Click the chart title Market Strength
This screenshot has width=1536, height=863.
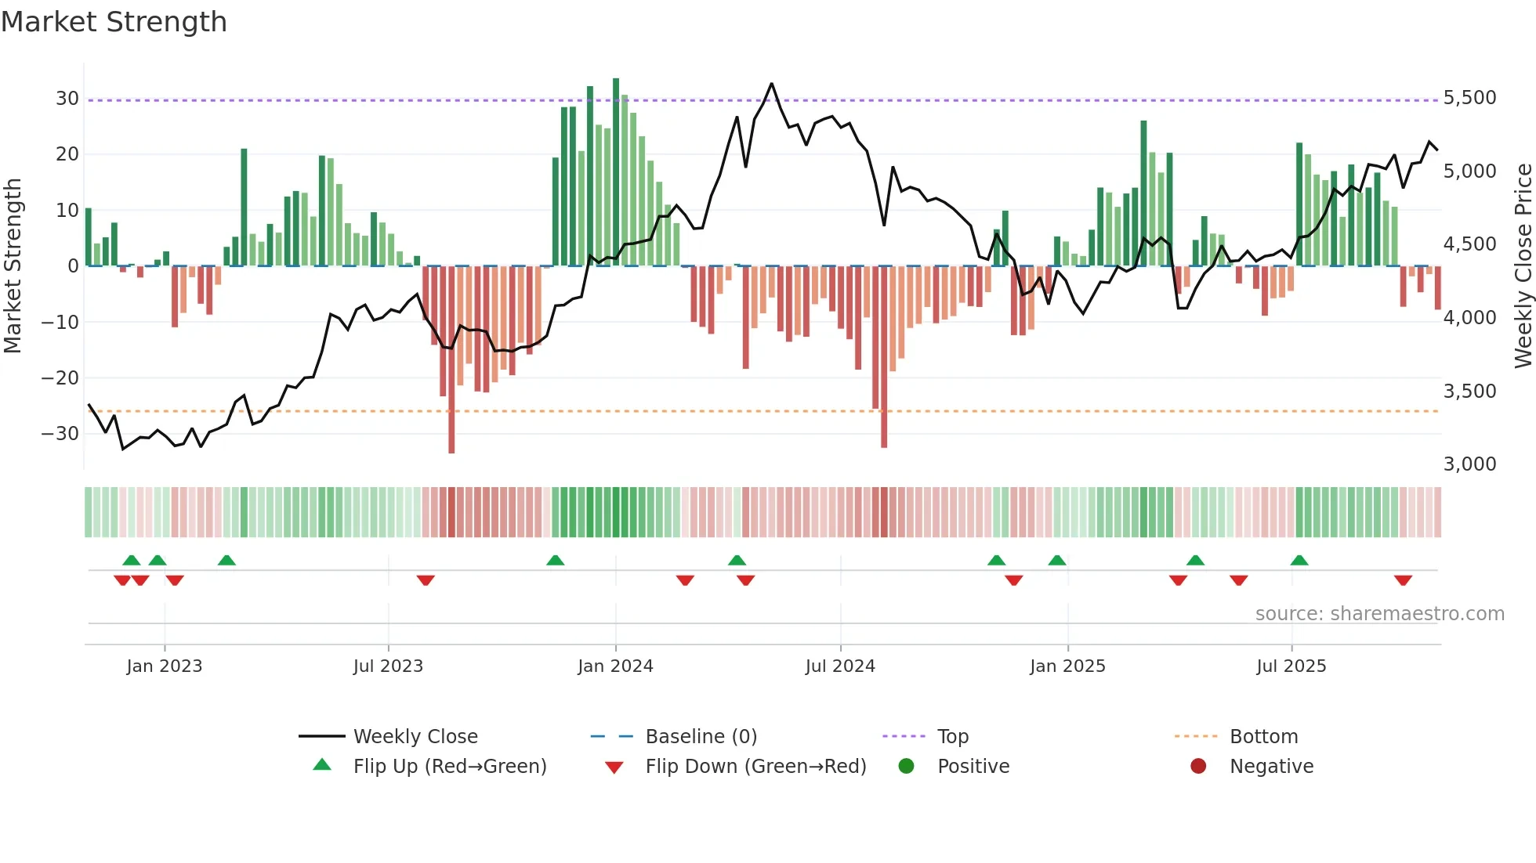point(114,22)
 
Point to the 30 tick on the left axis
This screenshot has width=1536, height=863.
point(67,99)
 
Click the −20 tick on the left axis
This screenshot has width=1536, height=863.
point(60,378)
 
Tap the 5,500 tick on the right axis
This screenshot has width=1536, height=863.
point(1469,98)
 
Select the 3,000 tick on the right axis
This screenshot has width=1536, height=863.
point(1469,464)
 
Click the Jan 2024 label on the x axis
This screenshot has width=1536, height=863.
point(615,666)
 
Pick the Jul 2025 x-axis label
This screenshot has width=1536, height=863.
point(1291,666)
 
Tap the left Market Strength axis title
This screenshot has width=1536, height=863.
point(13,266)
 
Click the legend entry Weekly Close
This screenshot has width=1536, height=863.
point(415,737)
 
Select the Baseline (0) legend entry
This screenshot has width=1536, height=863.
point(701,737)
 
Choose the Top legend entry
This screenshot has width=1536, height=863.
point(953,737)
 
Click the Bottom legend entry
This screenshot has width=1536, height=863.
point(1263,737)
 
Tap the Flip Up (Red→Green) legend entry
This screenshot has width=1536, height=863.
point(449,767)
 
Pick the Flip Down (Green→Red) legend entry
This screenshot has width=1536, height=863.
point(755,767)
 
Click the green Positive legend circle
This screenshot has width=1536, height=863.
point(907,767)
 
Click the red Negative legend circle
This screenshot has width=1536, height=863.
point(1198,767)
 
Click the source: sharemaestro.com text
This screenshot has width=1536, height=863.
point(1379,614)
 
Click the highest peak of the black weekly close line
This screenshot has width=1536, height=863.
point(771,84)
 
